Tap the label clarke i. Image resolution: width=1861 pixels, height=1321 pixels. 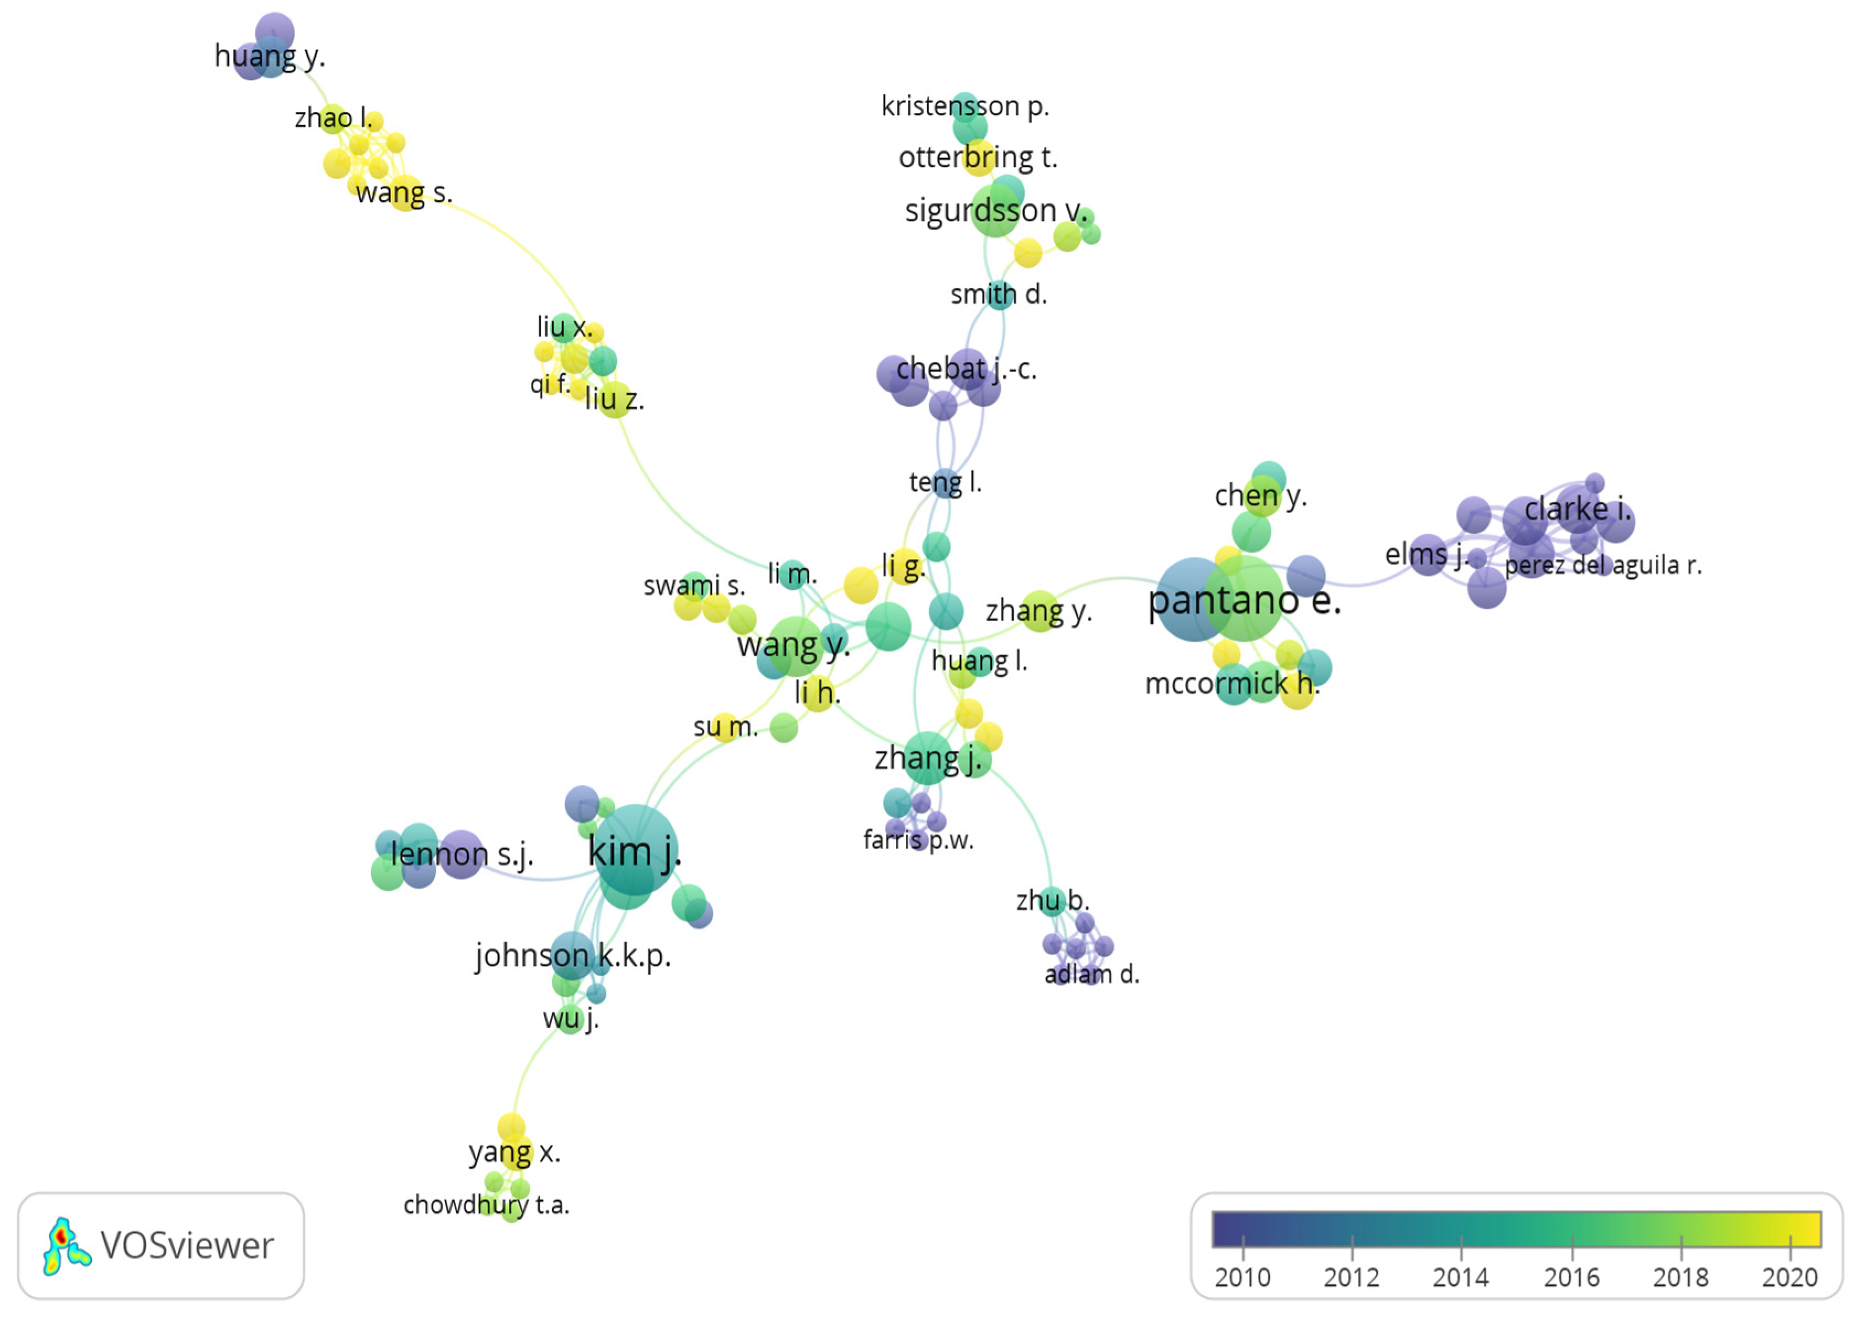tap(1577, 509)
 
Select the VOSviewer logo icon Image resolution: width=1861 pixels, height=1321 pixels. tap(65, 1246)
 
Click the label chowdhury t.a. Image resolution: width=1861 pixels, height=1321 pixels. tap(486, 1205)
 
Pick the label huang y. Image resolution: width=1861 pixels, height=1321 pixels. tap(269, 56)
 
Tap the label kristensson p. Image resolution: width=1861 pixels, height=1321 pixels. tap(965, 106)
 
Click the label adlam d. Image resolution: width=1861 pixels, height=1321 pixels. tap(1091, 974)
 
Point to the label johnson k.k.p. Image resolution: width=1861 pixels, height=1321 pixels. tap(573, 956)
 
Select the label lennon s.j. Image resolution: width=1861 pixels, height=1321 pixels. tap(462, 854)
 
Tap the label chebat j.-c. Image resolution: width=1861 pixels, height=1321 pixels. tap(966, 369)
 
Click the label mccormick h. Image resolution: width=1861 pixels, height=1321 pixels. tap(1231, 683)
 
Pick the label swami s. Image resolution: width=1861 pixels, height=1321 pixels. tap(693, 586)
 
